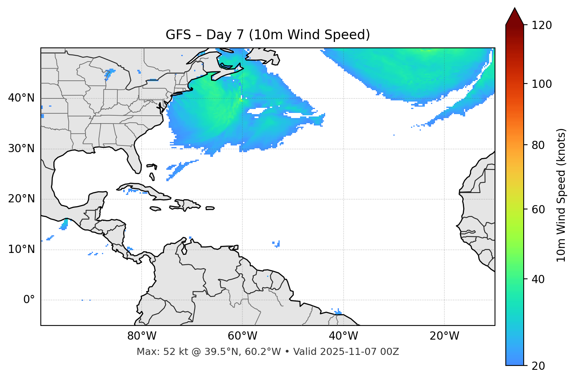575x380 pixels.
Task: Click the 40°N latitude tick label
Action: pyautogui.click(x=21, y=98)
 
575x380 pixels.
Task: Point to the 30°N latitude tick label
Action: pyautogui.click(x=21, y=149)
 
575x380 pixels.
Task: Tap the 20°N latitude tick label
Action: pyautogui.click(x=21, y=199)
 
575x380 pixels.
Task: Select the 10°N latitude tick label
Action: pyautogui.click(x=21, y=249)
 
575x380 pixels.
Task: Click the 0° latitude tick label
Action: pyautogui.click(x=29, y=300)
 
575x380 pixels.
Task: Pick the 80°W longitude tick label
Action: pyautogui.click(x=142, y=336)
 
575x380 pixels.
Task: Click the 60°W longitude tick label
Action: pyautogui.click(x=242, y=336)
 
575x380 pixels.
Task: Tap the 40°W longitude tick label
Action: pyautogui.click(x=343, y=336)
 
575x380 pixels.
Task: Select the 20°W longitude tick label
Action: pyautogui.click(x=444, y=336)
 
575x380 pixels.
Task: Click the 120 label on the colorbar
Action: pyautogui.click(x=542, y=25)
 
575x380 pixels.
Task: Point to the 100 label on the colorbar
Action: pyautogui.click(x=542, y=84)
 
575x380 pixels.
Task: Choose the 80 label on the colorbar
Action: pyautogui.click(x=538, y=145)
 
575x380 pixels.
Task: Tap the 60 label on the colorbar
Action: pyautogui.click(x=538, y=209)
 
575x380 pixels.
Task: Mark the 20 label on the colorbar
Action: pyautogui.click(x=538, y=366)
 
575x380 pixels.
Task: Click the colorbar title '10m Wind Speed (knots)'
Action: pyautogui.click(x=561, y=195)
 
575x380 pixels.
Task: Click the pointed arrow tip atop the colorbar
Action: pyautogui.click(x=515, y=9)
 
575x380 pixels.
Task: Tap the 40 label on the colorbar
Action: pyautogui.click(x=538, y=279)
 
